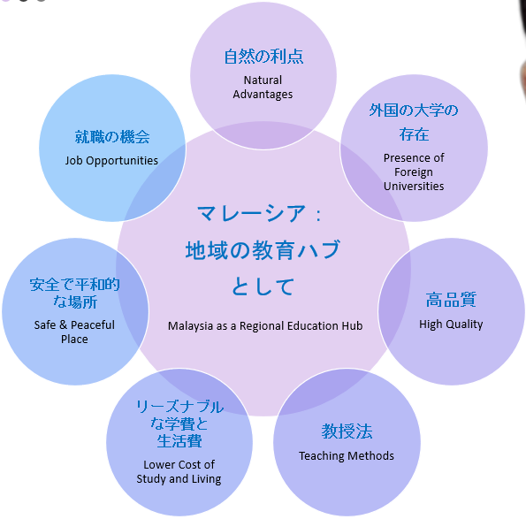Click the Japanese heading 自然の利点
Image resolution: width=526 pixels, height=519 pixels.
[263, 57]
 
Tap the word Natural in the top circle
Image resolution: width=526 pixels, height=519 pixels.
[263, 80]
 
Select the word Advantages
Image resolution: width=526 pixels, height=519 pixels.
[263, 95]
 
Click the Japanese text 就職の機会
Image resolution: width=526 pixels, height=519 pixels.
[112, 137]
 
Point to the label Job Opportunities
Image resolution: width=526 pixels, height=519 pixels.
[111, 160]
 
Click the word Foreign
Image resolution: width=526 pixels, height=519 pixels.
[414, 172]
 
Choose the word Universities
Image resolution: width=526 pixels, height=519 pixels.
[414, 187]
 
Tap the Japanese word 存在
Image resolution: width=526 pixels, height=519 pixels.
[414, 134]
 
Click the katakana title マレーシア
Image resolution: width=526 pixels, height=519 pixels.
[251, 213]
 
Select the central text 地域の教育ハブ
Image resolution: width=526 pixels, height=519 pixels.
[263, 250]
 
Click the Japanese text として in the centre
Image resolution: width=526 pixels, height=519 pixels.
[263, 286]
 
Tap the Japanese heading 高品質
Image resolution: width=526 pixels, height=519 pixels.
[451, 300]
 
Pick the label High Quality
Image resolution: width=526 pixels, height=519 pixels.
[451, 324]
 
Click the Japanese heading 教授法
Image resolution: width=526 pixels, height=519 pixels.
[347, 431]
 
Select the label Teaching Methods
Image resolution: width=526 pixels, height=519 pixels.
[347, 455]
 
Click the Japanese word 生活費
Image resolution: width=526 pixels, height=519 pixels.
[179, 441]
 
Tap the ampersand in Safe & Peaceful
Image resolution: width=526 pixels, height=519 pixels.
[64, 324]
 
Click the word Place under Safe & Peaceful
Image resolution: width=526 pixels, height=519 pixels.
[74, 340]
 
